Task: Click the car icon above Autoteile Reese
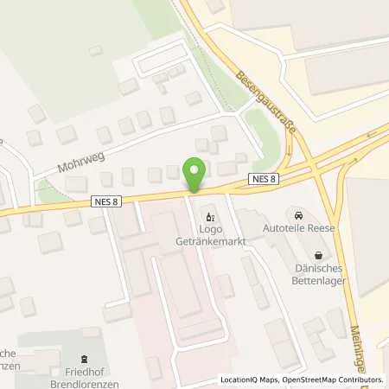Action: (298, 215)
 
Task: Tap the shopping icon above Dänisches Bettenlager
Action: (321, 255)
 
